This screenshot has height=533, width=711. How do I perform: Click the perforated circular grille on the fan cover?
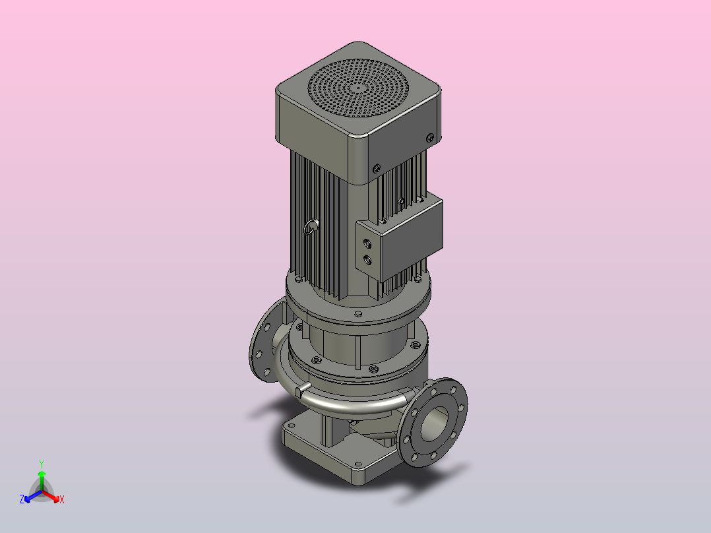pos(358,88)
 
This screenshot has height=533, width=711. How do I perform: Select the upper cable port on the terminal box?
pos(367,243)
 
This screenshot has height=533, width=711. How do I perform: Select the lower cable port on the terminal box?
pos(367,260)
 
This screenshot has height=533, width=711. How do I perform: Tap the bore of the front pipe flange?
pos(434,424)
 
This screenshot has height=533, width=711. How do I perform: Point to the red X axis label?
pos(62,499)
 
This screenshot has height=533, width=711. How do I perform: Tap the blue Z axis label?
pos(22,499)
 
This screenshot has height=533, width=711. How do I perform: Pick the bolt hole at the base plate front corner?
pos(359,464)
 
